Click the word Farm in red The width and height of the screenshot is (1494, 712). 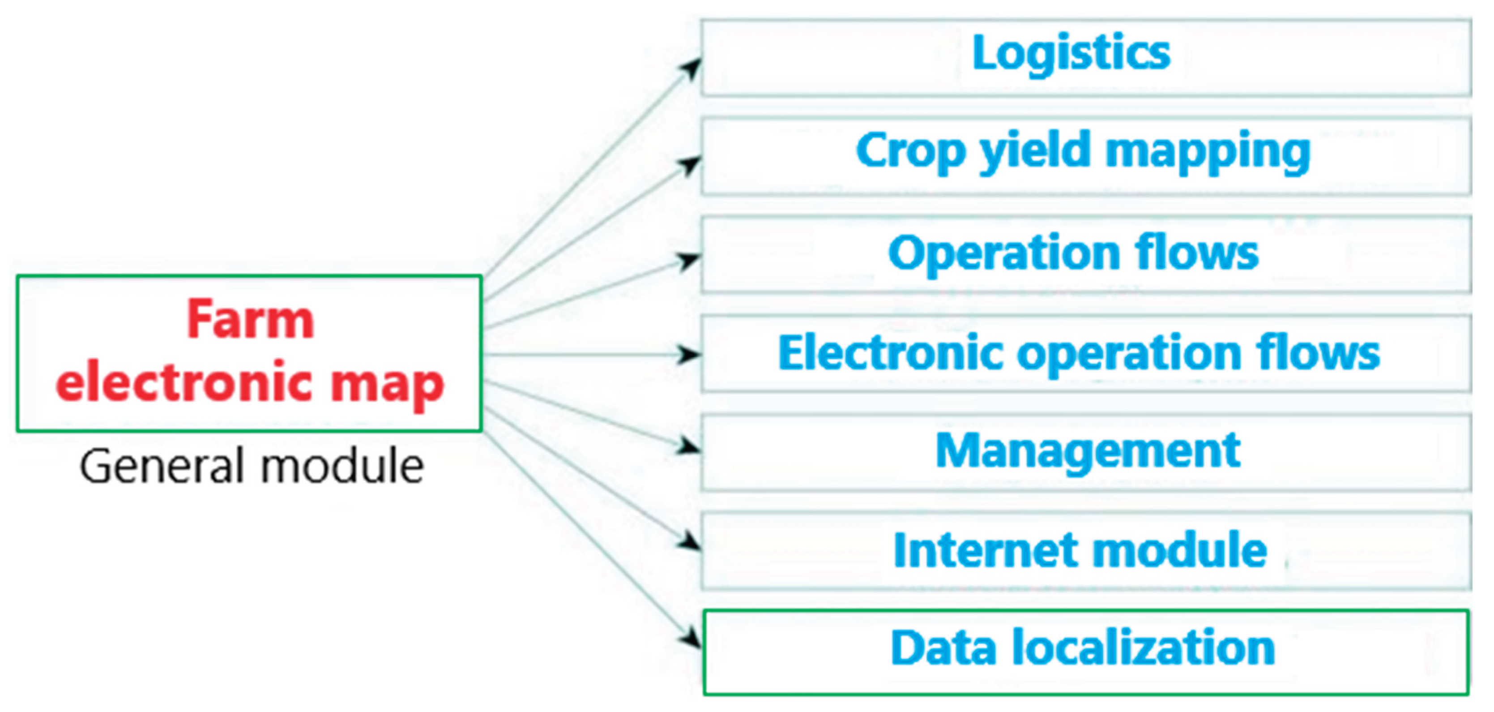(251, 320)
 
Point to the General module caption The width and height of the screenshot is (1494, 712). (252, 466)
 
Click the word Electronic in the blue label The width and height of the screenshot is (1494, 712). (890, 353)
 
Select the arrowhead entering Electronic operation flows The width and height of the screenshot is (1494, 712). (689, 354)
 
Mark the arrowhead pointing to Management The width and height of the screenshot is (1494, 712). (689, 446)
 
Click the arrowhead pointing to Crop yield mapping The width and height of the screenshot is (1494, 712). (690, 165)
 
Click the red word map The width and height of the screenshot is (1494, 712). (387, 384)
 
